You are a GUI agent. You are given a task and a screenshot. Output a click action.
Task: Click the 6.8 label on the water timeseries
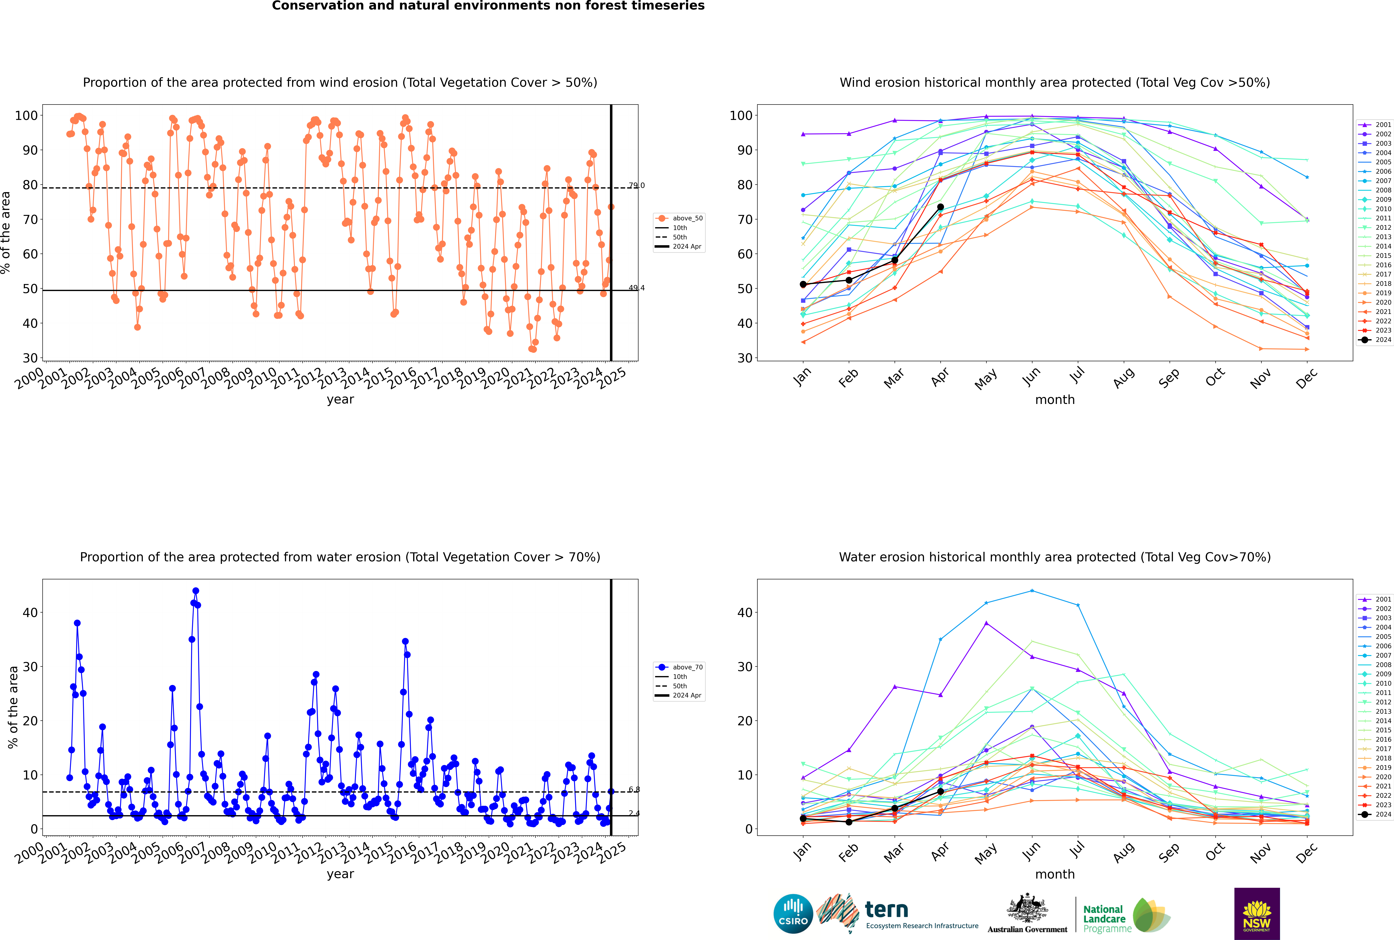coord(634,790)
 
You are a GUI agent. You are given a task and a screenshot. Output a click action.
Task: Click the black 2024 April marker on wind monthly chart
coord(940,207)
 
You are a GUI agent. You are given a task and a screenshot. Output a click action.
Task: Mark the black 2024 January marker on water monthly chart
coord(803,818)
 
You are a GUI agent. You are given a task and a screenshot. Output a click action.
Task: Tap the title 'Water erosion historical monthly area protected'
coord(1055,557)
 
